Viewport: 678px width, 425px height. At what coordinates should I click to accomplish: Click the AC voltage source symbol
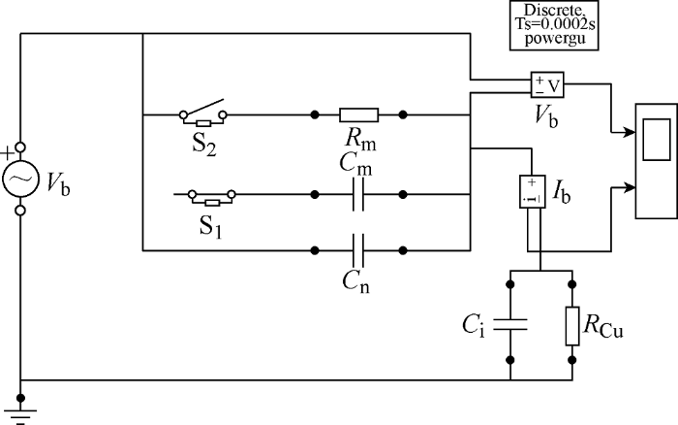coord(20,179)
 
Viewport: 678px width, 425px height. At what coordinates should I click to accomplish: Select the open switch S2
coord(203,114)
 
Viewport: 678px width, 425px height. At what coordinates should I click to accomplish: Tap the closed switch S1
coord(212,197)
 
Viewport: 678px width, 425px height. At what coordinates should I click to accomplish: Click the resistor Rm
coord(359,114)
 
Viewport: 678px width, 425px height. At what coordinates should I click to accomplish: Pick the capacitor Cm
coord(358,194)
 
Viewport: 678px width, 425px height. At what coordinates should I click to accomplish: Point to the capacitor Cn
coord(358,250)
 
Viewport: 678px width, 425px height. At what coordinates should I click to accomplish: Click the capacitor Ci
coord(510,324)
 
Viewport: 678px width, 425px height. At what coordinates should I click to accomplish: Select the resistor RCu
coord(572,326)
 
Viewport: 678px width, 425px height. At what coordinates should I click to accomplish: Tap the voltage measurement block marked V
coord(547,84)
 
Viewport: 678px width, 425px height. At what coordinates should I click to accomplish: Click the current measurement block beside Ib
coord(533,191)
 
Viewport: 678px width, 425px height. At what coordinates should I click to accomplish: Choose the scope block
coord(657,161)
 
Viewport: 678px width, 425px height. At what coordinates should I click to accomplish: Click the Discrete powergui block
coord(554,25)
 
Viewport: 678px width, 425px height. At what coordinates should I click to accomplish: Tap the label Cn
coord(355,282)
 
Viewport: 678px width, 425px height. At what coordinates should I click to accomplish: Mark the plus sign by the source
coord(7,153)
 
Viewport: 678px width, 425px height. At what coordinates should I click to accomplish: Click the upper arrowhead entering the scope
coord(630,132)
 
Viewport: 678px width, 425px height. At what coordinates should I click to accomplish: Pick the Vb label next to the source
coord(58,182)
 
